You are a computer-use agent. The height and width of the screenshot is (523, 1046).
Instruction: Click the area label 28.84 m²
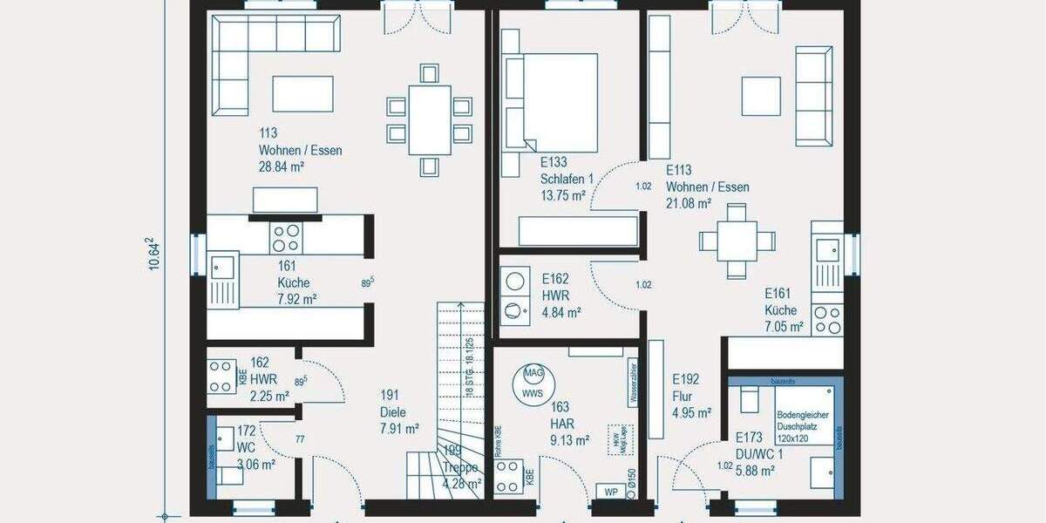[281, 167]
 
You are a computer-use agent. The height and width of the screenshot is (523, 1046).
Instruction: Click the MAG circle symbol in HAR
[533, 374]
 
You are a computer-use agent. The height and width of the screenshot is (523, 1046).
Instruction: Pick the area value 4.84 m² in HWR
[561, 311]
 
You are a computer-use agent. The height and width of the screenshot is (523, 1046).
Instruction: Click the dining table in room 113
[429, 119]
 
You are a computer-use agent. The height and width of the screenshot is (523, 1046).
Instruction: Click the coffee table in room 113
[302, 94]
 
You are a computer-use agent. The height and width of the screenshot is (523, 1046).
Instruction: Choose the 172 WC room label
[246, 439]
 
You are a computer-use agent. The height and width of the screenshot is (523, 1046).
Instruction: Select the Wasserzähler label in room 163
[632, 384]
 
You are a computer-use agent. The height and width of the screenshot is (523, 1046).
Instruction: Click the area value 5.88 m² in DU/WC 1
[755, 470]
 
